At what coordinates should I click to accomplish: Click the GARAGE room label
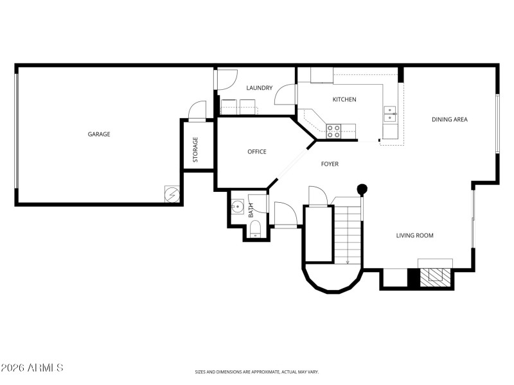[99, 134]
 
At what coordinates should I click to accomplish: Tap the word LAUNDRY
[260, 88]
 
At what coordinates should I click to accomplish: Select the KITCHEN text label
[344, 99]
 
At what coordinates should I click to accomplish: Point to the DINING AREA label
[449, 119]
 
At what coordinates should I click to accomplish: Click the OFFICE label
[257, 152]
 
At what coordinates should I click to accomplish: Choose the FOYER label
[330, 164]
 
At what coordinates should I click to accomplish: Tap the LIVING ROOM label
[414, 235]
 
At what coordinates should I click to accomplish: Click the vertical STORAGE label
[195, 150]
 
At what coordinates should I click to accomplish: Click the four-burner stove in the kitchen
[333, 131]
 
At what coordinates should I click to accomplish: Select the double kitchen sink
[389, 114]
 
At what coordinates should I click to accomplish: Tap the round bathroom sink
[238, 207]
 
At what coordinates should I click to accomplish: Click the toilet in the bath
[255, 229]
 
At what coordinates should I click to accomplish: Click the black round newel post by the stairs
[362, 189]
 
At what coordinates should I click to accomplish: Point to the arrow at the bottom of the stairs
[348, 260]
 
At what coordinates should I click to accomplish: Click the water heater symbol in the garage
[172, 193]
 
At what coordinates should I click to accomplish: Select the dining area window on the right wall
[497, 124]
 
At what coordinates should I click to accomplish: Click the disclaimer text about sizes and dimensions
[257, 372]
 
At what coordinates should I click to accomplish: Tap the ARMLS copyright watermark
[32, 368]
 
